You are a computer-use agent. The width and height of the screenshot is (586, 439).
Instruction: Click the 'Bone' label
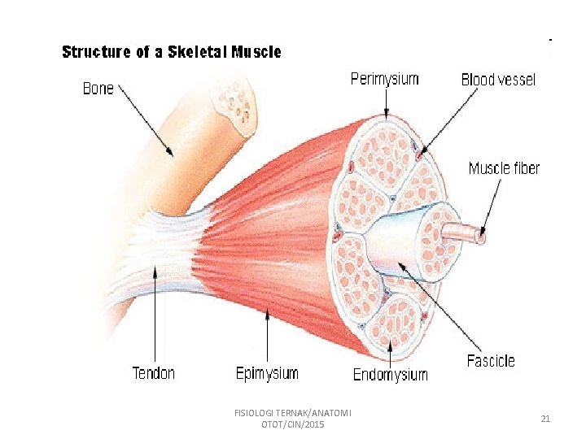(x=98, y=88)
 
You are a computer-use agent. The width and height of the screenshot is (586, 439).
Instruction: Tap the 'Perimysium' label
(x=384, y=79)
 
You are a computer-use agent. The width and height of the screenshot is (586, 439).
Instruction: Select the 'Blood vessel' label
(x=498, y=80)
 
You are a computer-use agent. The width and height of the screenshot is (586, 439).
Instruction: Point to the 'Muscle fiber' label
(x=504, y=168)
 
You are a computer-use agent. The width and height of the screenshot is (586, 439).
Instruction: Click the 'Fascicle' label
(x=491, y=361)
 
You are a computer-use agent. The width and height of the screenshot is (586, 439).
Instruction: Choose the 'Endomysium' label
(x=390, y=375)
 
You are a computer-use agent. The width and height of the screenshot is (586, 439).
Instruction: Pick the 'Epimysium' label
(x=267, y=374)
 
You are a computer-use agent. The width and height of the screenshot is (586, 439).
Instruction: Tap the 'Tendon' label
(x=154, y=373)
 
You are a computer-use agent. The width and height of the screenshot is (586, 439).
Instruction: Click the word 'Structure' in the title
(x=97, y=52)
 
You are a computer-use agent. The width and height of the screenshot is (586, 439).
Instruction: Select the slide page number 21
(x=545, y=419)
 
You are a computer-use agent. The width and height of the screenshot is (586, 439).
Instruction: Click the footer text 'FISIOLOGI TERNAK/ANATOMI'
(x=292, y=413)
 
